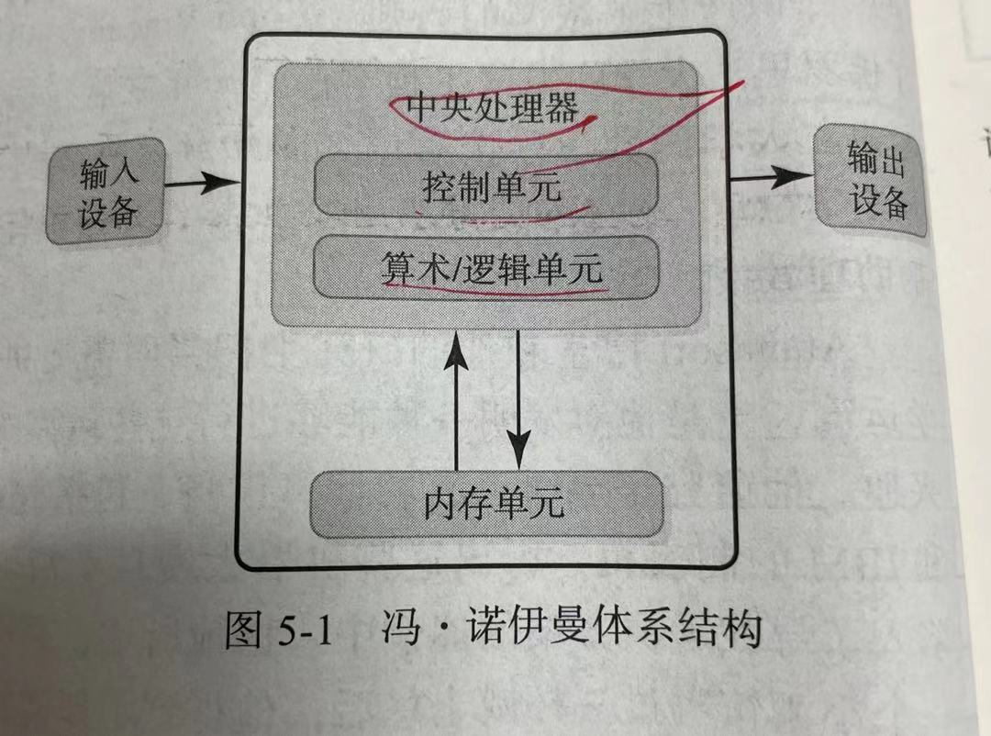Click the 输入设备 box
point(107,191)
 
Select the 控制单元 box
point(487,186)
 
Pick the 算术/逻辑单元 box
point(487,267)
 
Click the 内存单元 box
point(487,503)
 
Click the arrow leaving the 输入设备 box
point(202,184)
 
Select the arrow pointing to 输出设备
point(771,177)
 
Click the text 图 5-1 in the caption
point(276,633)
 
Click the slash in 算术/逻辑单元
point(454,267)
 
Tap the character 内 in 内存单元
point(440,503)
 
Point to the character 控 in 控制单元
point(440,188)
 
